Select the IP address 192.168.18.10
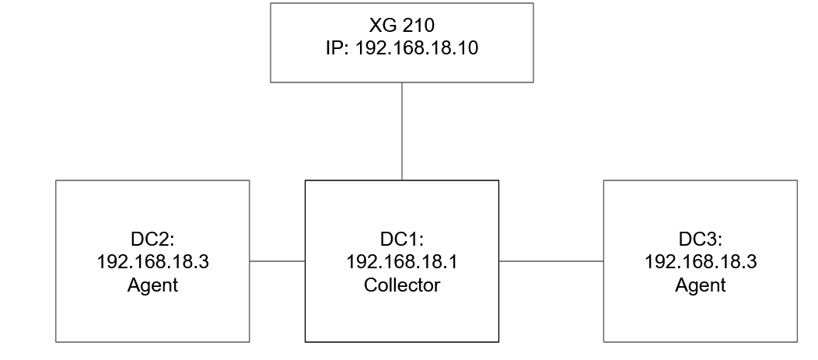tap(417, 47)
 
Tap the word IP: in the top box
tap(338, 47)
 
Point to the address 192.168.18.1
tap(401, 262)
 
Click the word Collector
tap(401, 285)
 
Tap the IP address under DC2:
tap(152, 262)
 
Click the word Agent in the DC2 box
tap(152, 285)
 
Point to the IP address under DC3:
tap(700, 262)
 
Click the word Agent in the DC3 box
tap(700, 285)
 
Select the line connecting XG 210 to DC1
tap(402, 131)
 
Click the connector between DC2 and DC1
tap(277, 261)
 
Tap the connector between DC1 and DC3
tap(551, 261)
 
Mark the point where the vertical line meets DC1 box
tap(402, 180)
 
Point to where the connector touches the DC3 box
tap(603, 261)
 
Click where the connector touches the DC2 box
tap(250, 261)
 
